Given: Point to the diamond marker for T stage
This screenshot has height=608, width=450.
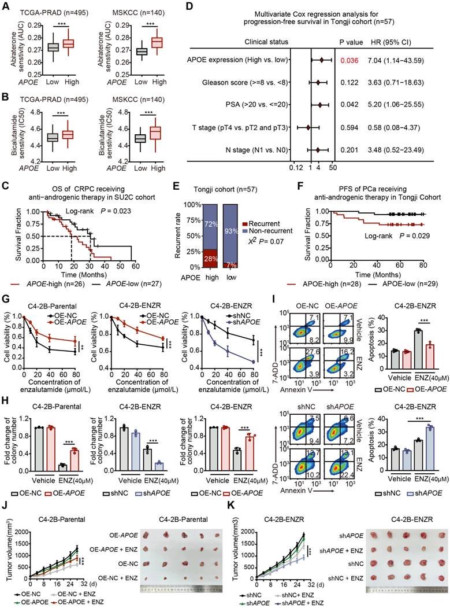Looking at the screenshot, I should point(308,127).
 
